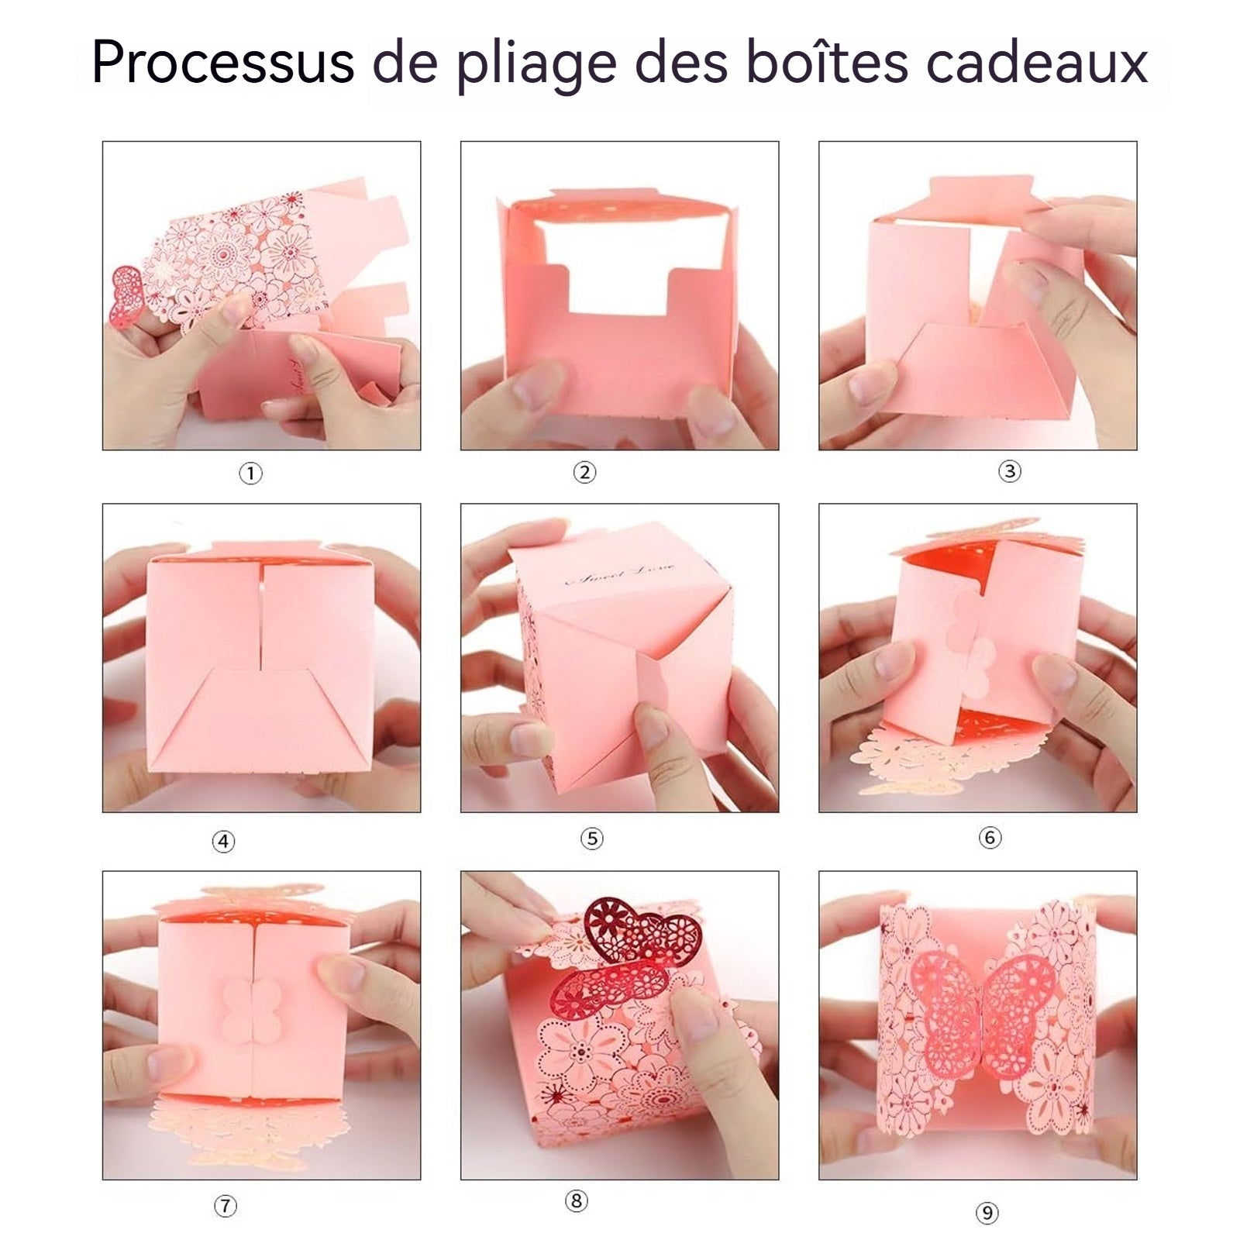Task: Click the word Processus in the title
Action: (222, 62)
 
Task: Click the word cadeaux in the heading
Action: (1037, 62)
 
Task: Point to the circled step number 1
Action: (250, 473)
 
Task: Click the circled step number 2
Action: (584, 472)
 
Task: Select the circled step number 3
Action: (1009, 470)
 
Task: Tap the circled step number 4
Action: (223, 841)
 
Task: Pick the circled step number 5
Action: (592, 838)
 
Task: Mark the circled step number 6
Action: (990, 837)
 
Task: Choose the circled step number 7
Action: (225, 1206)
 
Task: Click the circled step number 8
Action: (576, 1201)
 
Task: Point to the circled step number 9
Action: (987, 1213)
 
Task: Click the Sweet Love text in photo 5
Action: (620, 574)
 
